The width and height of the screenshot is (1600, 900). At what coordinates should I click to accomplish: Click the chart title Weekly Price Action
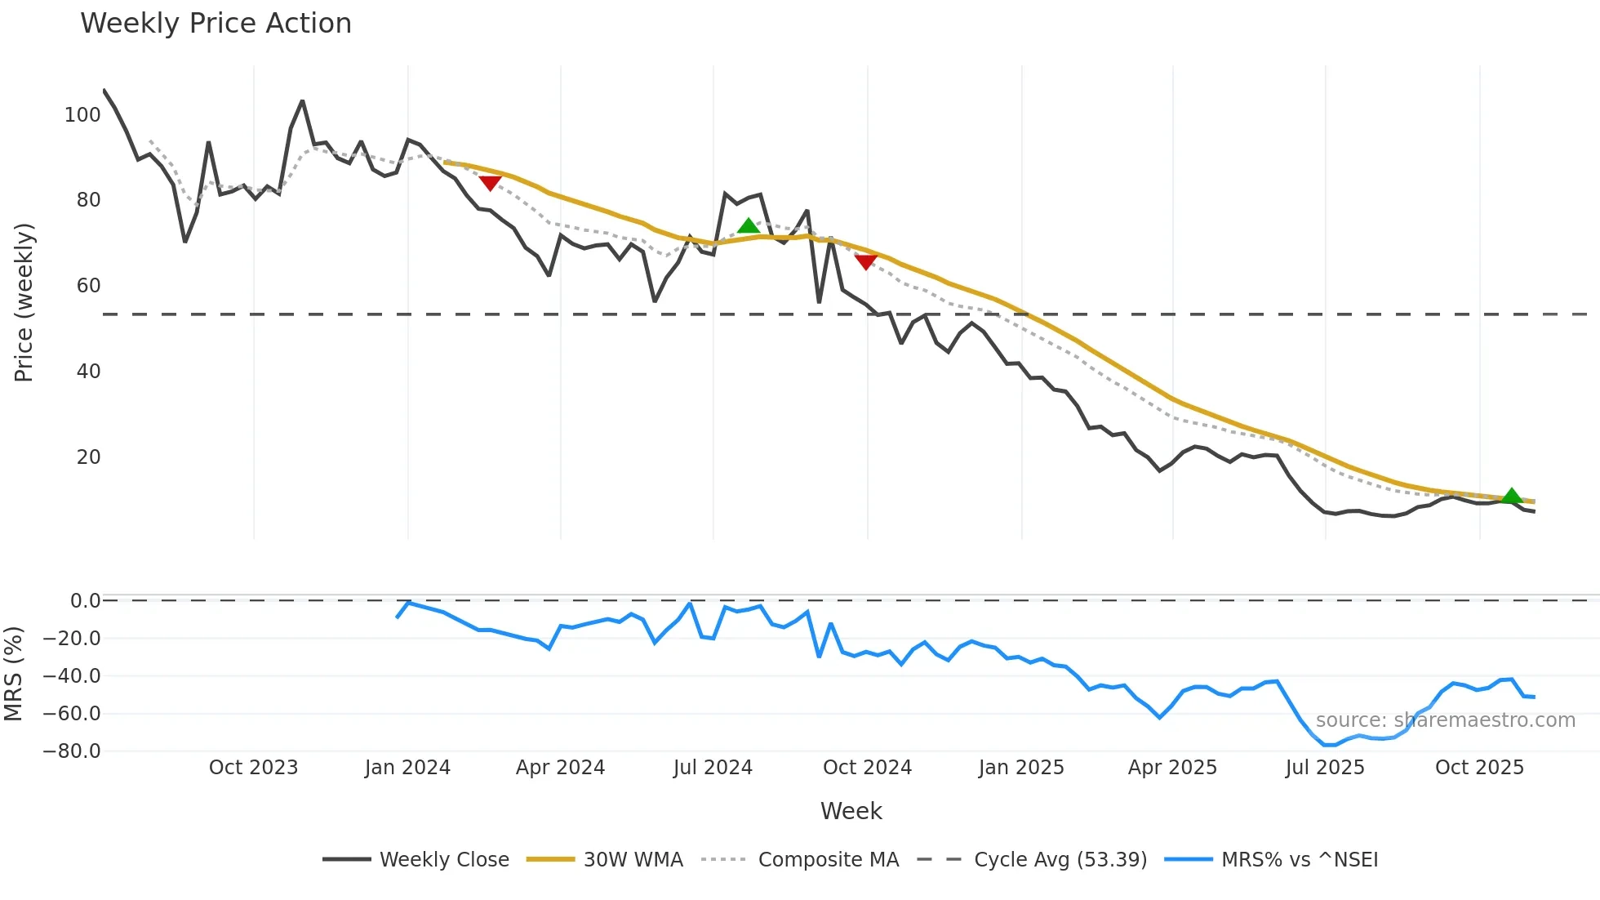216,24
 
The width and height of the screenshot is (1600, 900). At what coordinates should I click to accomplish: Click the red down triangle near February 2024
490,183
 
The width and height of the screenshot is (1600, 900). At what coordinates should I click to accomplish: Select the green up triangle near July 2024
749,226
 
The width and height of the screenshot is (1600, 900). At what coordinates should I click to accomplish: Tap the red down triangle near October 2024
866,262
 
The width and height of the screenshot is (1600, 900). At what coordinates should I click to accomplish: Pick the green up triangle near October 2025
1511,496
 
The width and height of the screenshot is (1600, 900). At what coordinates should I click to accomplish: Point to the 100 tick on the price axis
82,115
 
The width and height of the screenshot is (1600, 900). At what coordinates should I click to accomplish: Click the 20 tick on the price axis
88,457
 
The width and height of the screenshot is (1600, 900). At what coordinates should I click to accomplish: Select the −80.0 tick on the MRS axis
72,751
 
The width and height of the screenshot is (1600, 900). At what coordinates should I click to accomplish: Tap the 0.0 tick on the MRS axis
85,601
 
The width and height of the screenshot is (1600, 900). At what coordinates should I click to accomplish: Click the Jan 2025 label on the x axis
1021,768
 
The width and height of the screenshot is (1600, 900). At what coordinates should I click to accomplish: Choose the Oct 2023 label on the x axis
253,768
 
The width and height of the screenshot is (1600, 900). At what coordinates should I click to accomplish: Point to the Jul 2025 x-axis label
1325,768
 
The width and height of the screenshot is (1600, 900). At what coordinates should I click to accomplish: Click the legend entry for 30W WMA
633,860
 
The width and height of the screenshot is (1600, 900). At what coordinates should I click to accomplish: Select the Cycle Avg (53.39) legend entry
1060,860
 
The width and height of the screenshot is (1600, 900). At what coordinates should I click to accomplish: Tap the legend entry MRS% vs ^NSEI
1299,860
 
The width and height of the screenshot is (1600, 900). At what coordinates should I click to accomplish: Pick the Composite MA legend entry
828,860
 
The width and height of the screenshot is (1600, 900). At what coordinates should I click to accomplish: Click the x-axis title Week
851,811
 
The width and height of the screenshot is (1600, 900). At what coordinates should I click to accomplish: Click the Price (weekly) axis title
24,302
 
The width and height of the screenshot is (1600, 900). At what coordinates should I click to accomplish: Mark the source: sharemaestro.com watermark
1445,720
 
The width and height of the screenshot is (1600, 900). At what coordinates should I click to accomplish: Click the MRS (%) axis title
14,674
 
